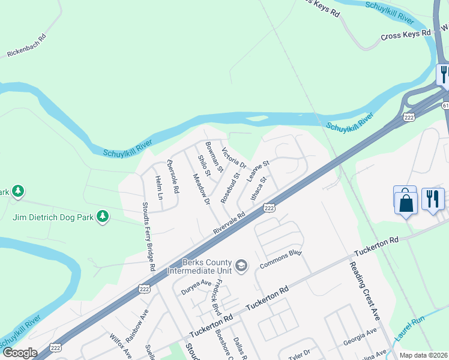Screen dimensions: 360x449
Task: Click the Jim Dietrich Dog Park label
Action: click(x=53, y=217)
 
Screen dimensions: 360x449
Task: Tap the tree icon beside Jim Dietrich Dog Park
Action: click(x=103, y=215)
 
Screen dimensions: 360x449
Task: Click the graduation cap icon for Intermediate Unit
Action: click(x=241, y=266)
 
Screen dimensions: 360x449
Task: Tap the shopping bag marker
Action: click(x=406, y=202)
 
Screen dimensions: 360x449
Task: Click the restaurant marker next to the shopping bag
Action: click(x=433, y=199)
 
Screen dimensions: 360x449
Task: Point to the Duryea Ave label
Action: click(x=198, y=283)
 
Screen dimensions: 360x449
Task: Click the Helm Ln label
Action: click(x=159, y=188)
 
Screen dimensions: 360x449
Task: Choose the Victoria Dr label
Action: click(x=234, y=158)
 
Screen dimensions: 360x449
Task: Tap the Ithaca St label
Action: click(x=258, y=188)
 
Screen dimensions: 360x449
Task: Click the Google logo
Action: click(x=19, y=353)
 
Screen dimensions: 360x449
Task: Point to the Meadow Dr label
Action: click(x=201, y=189)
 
